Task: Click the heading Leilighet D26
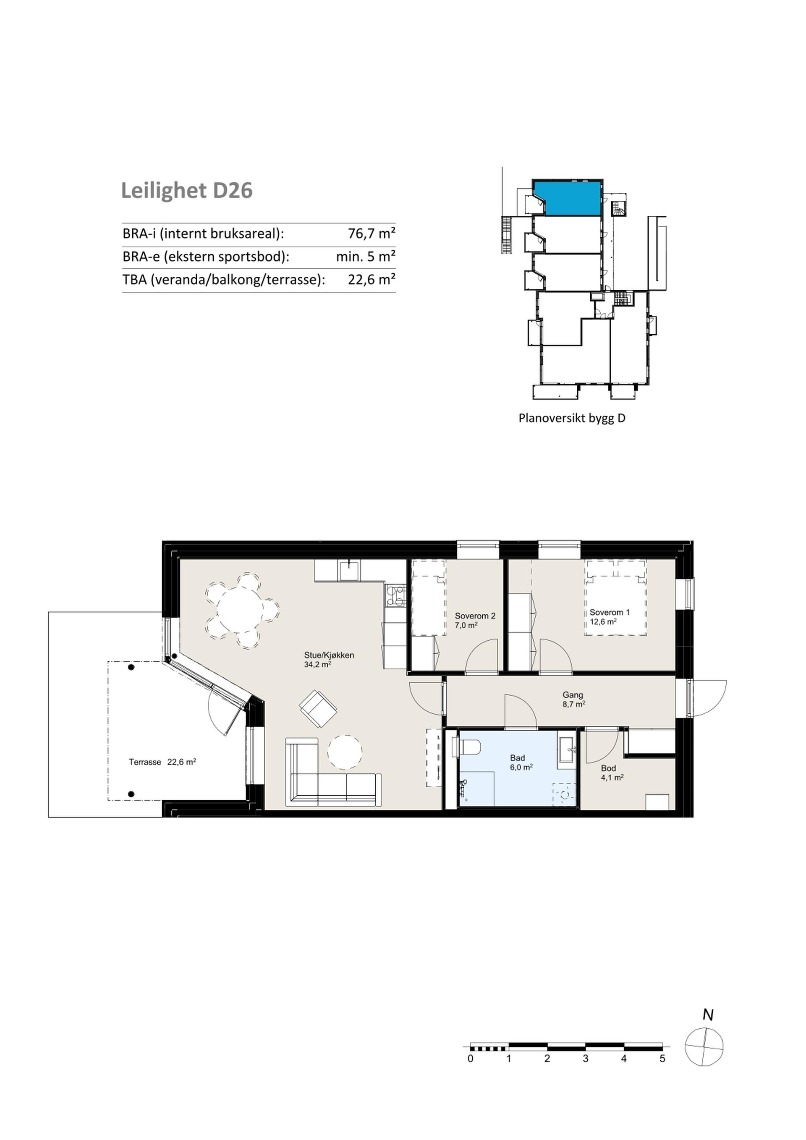[x=187, y=191]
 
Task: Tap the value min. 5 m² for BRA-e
[x=366, y=256]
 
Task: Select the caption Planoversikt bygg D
[x=572, y=418]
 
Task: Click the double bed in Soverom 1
[x=616, y=598]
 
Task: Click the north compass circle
[x=704, y=1046]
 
